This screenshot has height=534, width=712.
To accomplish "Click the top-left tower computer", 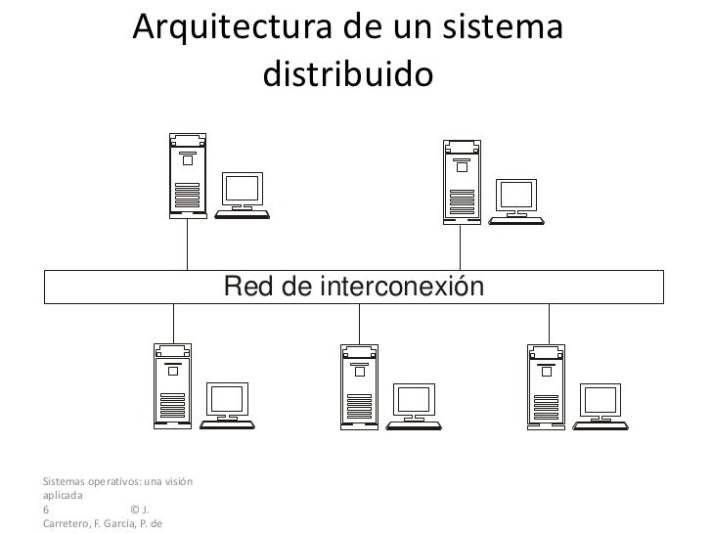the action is click(x=187, y=175).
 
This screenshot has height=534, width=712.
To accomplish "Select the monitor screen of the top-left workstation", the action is click(x=243, y=188).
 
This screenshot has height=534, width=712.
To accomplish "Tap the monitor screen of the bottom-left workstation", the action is click(x=227, y=398).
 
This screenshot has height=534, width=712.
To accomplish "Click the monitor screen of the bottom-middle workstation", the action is click(x=413, y=398).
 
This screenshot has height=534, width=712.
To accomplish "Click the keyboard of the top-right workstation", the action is click(x=516, y=219).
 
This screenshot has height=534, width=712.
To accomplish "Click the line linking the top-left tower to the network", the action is click(x=188, y=244).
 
